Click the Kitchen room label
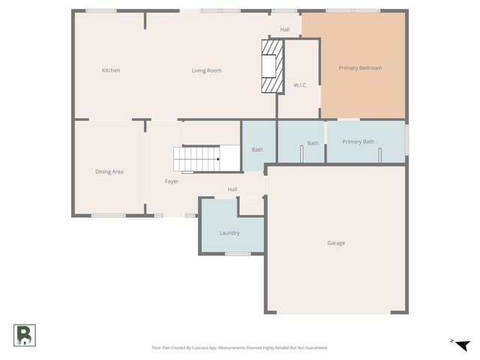[x=111, y=70]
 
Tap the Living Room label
[x=206, y=70]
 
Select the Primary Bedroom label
[x=360, y=68]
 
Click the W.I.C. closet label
[x=300, y=85]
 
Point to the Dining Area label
[x=109, y=172]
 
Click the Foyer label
[x=172, y=181]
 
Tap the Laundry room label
[x=229, y=233]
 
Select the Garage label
[x=336, y=243]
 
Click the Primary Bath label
[x=358, y=142]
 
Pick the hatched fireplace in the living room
[x=271, y=67]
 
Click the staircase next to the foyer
[x=197, y=159]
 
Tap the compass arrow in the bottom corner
[x=463, y=345]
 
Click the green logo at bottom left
[x=24, y=335]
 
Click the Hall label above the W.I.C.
[x=285, y=30]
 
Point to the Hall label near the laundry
[x=232, y=190]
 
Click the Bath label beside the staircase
[x=257, y=149]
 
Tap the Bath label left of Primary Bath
[x=313, y=143]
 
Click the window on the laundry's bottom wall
[x=238, y=253]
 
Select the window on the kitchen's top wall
[x=100, y=10]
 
